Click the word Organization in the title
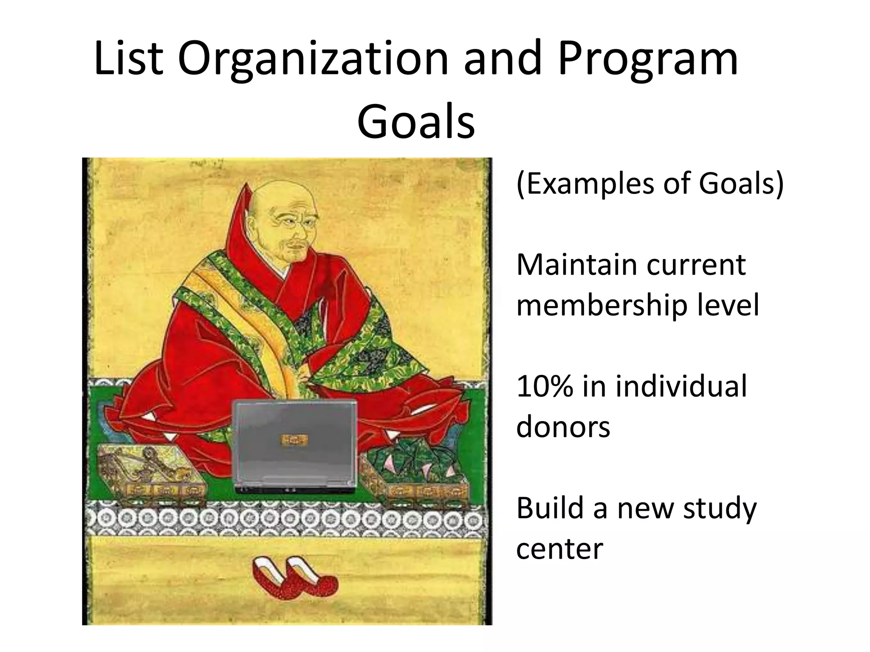[x=313, y=59]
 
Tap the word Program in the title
[x=647, y=59]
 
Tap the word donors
[x=563, y=426]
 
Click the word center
[x=559, y=548]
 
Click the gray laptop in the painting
[x=295, y=446]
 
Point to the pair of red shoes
[x=294, y=578]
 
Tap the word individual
[x=680, y=386]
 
